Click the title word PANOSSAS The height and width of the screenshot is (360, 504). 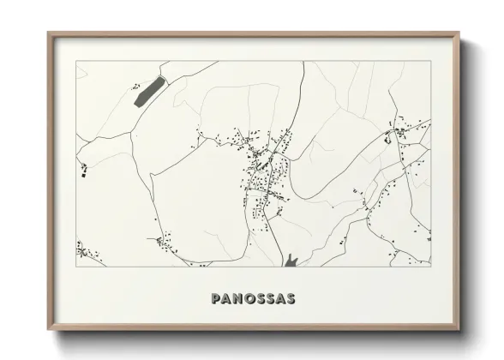tap(253, 298)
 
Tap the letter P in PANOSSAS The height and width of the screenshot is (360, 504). tap(215, 298)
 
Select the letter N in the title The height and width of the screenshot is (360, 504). tap(236, 298)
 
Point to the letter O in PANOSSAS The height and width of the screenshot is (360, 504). tap(247, 298)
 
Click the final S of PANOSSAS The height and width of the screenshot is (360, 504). tap(291, 298)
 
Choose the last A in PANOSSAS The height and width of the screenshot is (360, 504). tap(279, 298)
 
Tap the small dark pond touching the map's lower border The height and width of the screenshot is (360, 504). tap(291, 259)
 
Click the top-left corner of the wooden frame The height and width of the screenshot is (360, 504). tap(48, 33)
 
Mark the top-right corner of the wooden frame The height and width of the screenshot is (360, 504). tap(459, 33)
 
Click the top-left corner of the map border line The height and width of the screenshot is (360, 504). tap(77, 61)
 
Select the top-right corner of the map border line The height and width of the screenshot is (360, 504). tap(430, 61)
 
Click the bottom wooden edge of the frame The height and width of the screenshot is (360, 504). tap(254, 327)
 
